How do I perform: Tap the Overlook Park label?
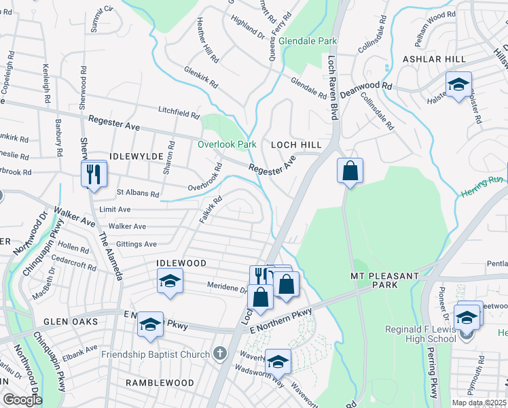coord(227,144)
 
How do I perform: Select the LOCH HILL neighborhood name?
coord(296,145)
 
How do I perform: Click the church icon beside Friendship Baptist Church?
coord(219,354)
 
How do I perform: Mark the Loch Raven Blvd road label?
coord(333,88)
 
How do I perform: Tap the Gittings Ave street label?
coord(137,243)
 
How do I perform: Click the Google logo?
coord(22,400)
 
